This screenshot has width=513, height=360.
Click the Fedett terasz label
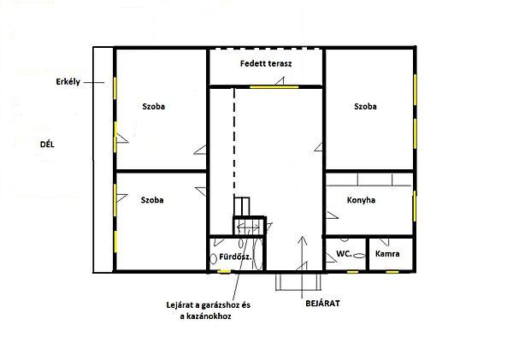click(266, 63)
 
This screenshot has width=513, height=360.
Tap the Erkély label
click(68, 81)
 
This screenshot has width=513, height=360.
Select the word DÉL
click(47, 145)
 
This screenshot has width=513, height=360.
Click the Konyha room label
click(361, 200)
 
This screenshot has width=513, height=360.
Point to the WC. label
click(344, 253)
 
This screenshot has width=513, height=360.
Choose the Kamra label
click(387, 254)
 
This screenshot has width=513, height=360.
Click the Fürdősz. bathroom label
click(235, 257)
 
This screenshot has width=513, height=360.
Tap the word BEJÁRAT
click(322, 304)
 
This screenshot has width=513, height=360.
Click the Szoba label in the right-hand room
click(365, 106)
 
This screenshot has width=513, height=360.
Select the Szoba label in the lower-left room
click(152, 200)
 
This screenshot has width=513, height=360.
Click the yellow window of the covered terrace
click(274, 87)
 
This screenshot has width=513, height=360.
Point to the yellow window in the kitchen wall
click(415, 206)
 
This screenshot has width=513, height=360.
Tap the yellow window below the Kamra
click(392, 272)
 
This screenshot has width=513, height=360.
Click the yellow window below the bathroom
click(224, 271)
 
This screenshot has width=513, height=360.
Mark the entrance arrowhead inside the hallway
click(303, 240)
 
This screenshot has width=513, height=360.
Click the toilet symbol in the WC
click(359, 256)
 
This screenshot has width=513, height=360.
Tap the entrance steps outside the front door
click(298, 282)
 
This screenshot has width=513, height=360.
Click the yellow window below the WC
click(352, 272)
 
